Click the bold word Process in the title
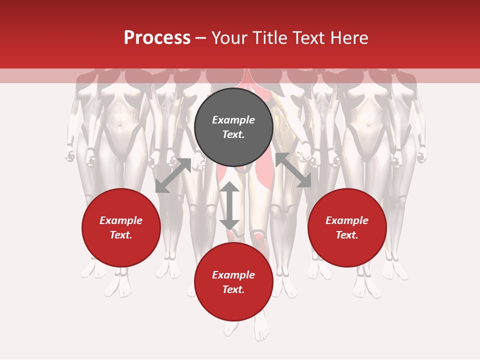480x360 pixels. (157, 38)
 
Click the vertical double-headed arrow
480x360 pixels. (229, 205)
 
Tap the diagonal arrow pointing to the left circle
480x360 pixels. (173, 175)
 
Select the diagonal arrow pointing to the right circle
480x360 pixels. (293, 170)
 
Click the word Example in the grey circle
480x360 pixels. (233, 120)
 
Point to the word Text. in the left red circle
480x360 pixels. (121, 235)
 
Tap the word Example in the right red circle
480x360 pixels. (347, 220)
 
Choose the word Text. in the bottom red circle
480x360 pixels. (233, 289)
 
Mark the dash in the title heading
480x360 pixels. (200, 38)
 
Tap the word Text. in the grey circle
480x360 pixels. (233, 134)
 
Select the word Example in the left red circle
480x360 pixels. (121, 220)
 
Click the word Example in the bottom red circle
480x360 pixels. (233, 275)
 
